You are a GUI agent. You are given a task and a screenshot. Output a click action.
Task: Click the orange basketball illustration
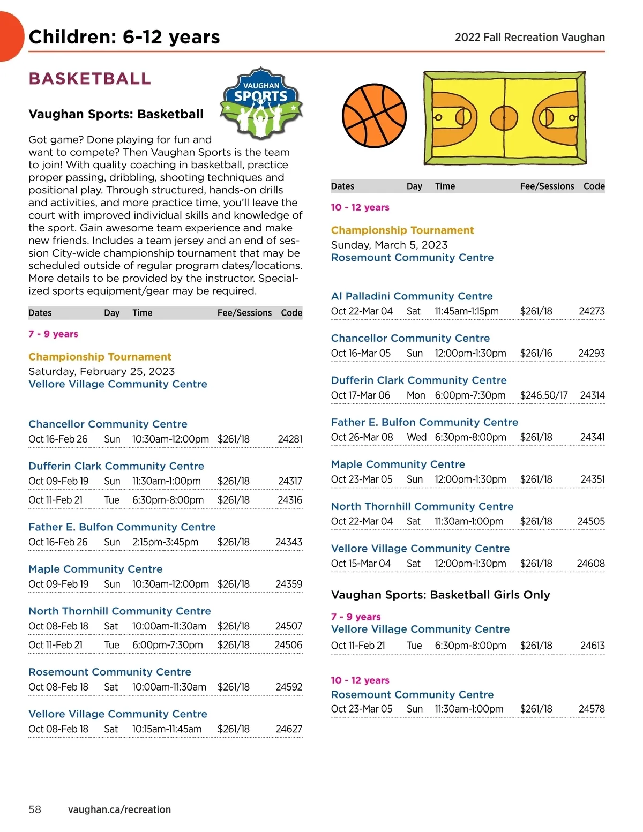pos(374,116)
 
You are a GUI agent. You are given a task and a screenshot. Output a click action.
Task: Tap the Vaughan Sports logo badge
pos(261,103)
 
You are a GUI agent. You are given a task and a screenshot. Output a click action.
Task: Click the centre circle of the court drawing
pos(504,117)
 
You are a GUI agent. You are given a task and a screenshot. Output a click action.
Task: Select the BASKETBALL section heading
pos(89,79)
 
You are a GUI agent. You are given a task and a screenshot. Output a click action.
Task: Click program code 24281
pos(290,439)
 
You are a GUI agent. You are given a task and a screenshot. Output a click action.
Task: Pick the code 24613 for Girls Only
pos(592,646)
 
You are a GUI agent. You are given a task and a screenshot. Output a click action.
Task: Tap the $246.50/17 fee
pos(543,395)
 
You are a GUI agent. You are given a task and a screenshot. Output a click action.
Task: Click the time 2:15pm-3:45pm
pos(165,542)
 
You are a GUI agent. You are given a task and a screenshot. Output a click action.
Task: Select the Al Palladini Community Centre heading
pos(412,296)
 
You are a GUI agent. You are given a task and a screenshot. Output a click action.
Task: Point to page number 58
pos(35,809)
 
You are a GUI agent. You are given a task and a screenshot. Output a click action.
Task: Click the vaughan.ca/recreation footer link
pos(119,809)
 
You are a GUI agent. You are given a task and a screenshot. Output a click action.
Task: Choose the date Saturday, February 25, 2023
pos(101,371)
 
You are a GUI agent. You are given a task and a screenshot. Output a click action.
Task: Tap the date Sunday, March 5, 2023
pos(389,245)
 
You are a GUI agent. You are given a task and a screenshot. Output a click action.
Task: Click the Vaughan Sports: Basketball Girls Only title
pos(440,595)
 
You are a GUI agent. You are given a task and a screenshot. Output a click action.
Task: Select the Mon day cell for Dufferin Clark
pos(416,395)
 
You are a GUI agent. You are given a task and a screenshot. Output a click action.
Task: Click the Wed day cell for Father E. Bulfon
pos(416,438)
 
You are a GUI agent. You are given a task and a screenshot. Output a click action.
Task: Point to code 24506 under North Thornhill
pos(288,645)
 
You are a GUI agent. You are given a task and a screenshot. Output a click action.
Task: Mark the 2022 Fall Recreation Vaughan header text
pos(529,38)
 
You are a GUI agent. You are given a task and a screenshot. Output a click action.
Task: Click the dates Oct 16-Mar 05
pos(361,354)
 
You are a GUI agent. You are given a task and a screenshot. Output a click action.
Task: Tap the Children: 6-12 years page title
pos(124,37)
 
